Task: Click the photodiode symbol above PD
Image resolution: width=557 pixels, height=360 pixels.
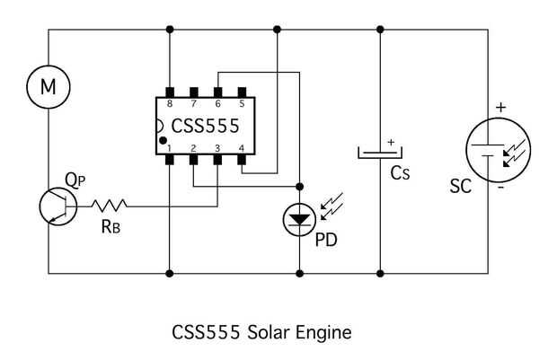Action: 298,219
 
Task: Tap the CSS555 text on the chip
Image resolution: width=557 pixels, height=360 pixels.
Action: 207,126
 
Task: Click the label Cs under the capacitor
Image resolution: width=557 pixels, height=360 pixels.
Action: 400,173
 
